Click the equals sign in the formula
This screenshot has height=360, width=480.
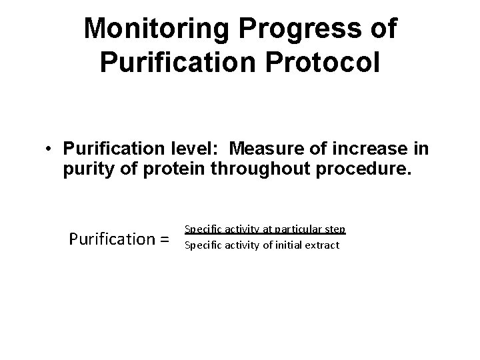tap(161, 237)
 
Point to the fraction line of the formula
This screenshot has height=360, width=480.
tap(264, 235)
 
